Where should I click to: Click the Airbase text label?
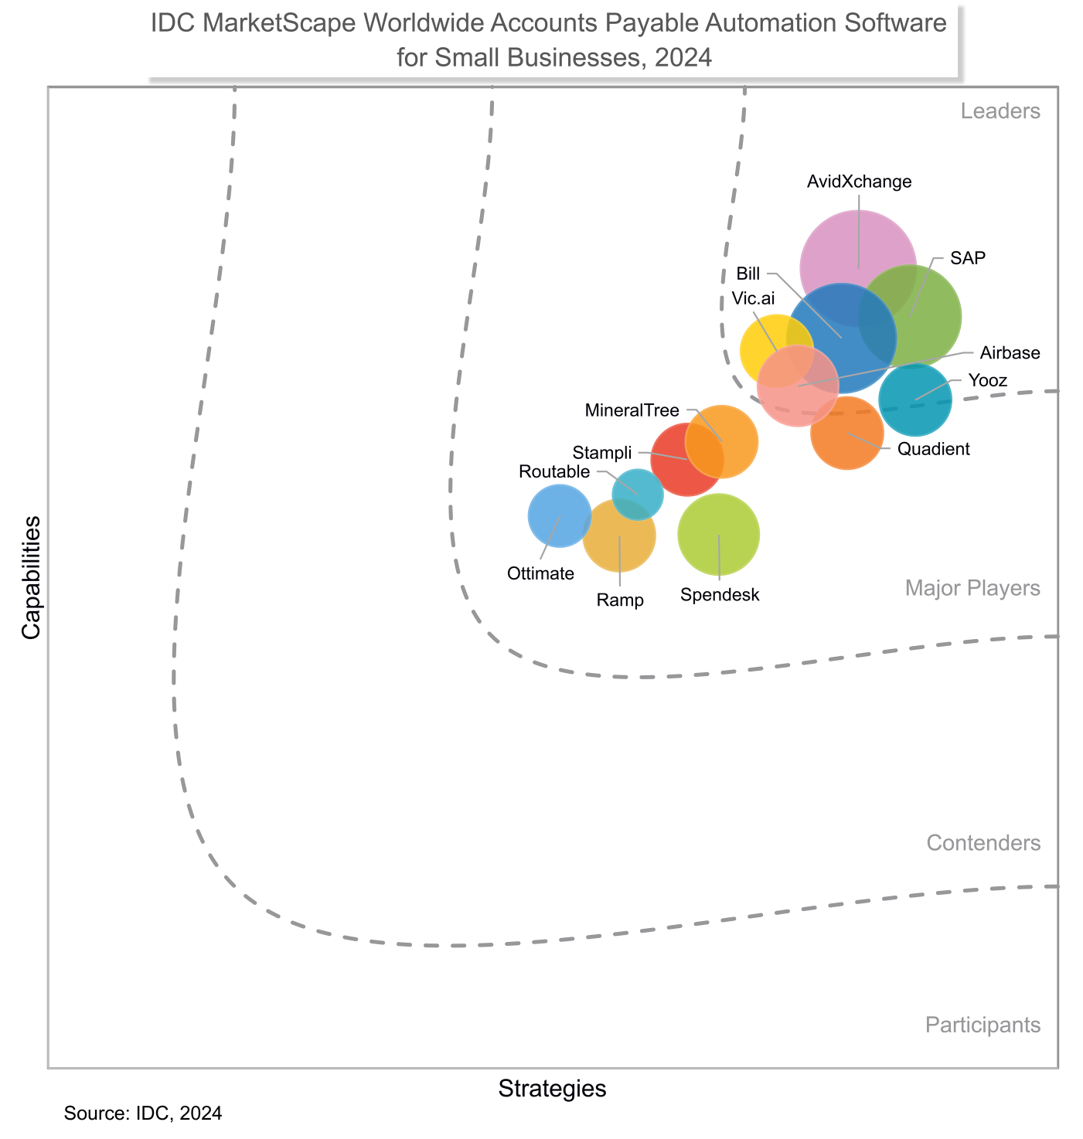point(1010,353)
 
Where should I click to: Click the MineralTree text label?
point(632,410)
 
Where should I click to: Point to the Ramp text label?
point(620,600)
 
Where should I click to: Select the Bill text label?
point(748,274)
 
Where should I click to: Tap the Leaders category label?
point(1000,111)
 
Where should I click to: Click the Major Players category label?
point(972,588)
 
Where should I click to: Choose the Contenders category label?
point(983,842)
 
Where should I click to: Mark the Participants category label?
point(983,1025)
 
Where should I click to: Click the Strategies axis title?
point(552,1089)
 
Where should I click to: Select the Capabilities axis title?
point(31,577)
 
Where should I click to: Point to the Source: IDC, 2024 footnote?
point(143,1113)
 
